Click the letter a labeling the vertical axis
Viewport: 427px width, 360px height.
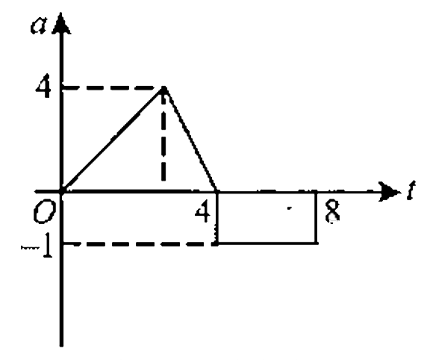[39, 25]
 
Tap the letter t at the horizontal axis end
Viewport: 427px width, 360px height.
[411, 190]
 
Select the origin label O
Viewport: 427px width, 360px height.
[44, 213]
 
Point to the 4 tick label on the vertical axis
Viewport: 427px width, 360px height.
[43, 86]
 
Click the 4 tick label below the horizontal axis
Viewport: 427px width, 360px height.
[202, 211]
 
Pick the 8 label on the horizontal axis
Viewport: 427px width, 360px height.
[332, 211]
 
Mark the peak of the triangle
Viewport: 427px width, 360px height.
[163, 87]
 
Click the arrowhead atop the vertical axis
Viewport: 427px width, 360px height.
[61, 23]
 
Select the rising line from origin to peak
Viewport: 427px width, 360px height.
[113, 140]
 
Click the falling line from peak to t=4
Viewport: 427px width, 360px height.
[190, 140]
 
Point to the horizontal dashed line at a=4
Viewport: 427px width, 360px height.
[112, 87]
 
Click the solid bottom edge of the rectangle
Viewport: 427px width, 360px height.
[267, 243]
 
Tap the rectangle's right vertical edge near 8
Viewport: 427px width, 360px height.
[316, 217]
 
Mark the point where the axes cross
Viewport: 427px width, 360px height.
[61, 191]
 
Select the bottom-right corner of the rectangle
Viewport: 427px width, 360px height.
[316, 243]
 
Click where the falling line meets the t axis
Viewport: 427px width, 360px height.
[217, 192]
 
